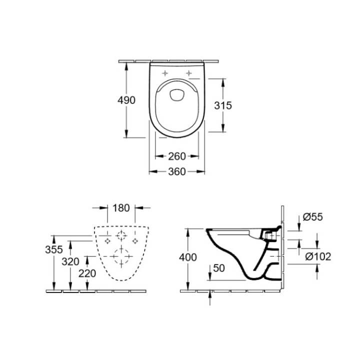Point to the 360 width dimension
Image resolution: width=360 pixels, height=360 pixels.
coord(177,171)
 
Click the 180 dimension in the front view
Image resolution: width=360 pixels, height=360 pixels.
coord(122,207)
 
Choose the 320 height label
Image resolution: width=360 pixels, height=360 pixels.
coord(71,260)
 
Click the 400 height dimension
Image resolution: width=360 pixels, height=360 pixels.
coord(188,257)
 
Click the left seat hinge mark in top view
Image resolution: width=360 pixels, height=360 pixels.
coord(165,73)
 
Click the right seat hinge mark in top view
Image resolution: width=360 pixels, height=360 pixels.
coord(189,73)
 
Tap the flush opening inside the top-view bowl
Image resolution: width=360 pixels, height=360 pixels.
coord(177,95)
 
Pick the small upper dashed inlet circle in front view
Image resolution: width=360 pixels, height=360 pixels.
coord(121,236)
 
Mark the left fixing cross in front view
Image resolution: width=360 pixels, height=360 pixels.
coord(107,241)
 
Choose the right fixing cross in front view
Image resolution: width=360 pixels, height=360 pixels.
coord(135,241)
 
